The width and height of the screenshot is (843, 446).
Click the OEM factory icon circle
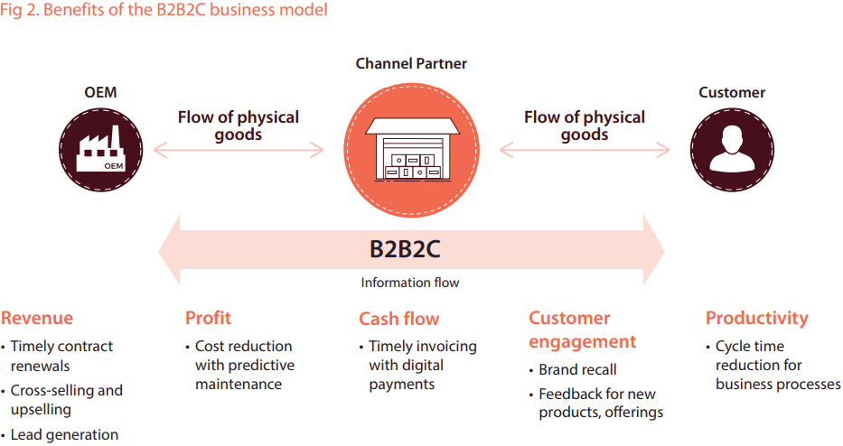click(x=101, y=150)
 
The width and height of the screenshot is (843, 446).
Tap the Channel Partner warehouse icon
click(x=412, y=150)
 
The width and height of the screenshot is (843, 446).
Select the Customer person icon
click(x=732, y=150)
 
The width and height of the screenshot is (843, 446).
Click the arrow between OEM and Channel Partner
click(x=239, y=150)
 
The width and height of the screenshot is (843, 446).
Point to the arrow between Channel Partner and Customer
click(x=585, y=150)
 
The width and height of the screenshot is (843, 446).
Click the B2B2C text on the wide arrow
click(x=405, y=249)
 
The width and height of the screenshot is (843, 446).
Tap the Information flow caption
click(x=410, y=283)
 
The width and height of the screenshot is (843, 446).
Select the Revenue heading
click(x=37, y=318)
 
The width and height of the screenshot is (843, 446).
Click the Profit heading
click(x=208, y=318)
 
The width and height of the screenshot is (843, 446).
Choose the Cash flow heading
click(x=399, y=319)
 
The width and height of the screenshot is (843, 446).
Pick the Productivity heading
click(x=757, y=319)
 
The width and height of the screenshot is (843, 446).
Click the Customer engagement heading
click(x=583, y=330)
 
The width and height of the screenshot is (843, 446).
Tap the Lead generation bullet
click(x=64, y=435)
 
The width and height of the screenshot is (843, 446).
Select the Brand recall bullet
click(x=578, y=369)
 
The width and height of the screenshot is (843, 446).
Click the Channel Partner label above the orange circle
click(x=411, y=63)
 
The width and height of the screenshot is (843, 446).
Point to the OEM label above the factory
click(x=100, y=92)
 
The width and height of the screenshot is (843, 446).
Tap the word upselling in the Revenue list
click(x=41, y=410)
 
